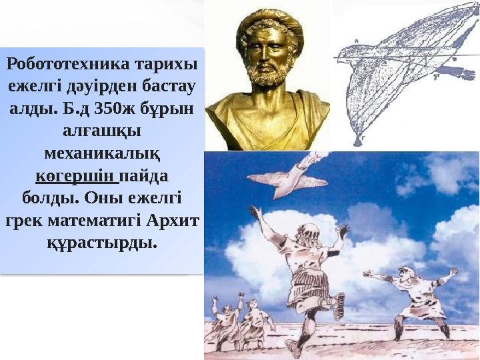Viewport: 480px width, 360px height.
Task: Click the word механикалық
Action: [x=101, y=154]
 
